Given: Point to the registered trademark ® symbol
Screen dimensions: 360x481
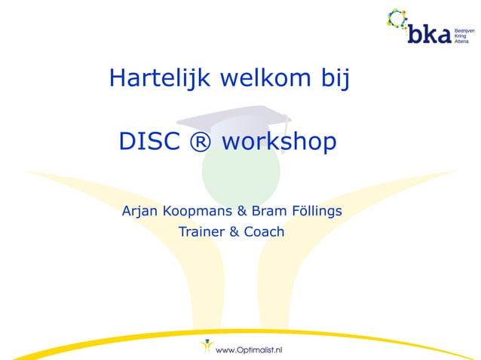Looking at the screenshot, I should pos(203,142).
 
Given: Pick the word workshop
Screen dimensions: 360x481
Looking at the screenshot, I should pos(279,142).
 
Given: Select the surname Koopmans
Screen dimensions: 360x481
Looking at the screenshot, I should pos(199,210).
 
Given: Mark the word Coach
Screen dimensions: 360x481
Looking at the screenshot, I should pos(264,231).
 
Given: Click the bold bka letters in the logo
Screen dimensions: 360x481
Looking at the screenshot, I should pos(428,33).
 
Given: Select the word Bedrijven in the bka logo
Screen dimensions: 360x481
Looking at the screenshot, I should pos(464,26).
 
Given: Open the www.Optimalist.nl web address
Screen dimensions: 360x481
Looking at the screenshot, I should pos(249,349).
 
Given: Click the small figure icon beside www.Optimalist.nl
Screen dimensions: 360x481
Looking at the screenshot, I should pos(204,347).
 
